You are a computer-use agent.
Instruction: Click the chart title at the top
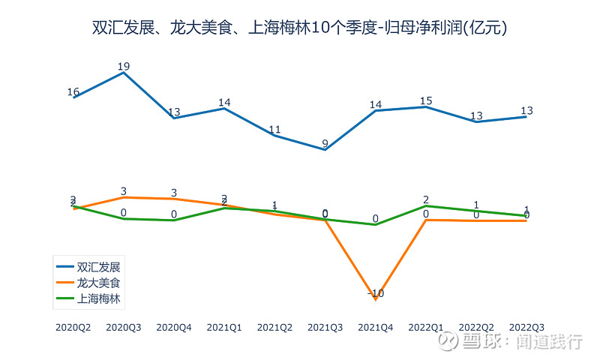pos(299,28)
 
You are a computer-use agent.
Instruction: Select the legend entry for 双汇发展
pos(99,267)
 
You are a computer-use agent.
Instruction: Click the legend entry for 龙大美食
pos(99,283)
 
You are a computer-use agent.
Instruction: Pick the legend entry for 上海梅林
pos(99,298)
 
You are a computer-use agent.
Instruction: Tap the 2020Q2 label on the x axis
pos(73,328)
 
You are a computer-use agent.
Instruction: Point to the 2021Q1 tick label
pos(224,328)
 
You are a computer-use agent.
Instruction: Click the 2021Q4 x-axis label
pos(376,328)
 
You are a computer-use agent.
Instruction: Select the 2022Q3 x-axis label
pos(526,328)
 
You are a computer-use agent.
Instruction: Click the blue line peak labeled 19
pos(124,72)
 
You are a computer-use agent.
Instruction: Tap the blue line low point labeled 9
pos(325,149)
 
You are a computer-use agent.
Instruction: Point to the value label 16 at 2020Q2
pos(73,92)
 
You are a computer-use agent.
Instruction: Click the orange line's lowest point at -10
pos(375,298)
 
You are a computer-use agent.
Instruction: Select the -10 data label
pos(376,293)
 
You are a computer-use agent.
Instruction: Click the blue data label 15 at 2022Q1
pos(426,100)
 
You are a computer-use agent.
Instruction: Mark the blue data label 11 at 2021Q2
pos(274,129)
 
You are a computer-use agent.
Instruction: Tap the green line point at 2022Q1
pos(426,205)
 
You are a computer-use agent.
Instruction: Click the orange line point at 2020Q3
pos(124,197)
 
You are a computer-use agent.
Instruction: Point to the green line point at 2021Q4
pos(375,224)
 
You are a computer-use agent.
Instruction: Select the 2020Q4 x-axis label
pos(174,328)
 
